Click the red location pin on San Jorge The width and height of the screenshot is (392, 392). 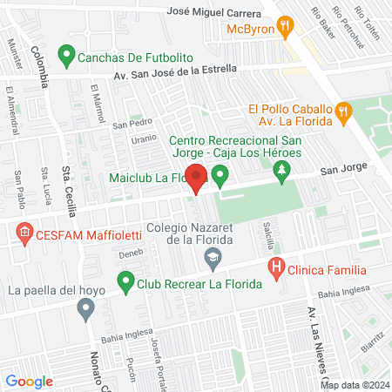coord(197,179)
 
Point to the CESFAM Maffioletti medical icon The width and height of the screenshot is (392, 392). coord(24,233)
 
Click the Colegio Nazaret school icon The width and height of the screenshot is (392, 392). coord(212,257)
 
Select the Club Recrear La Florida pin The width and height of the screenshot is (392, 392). coord(126,283)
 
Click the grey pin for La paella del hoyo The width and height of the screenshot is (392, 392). coord(85,308)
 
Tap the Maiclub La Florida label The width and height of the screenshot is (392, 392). coord(148,179)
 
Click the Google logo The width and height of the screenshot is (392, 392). coord(29,381)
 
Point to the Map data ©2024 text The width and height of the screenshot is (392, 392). coord(354,385)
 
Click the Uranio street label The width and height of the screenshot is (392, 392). coord(144,139)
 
